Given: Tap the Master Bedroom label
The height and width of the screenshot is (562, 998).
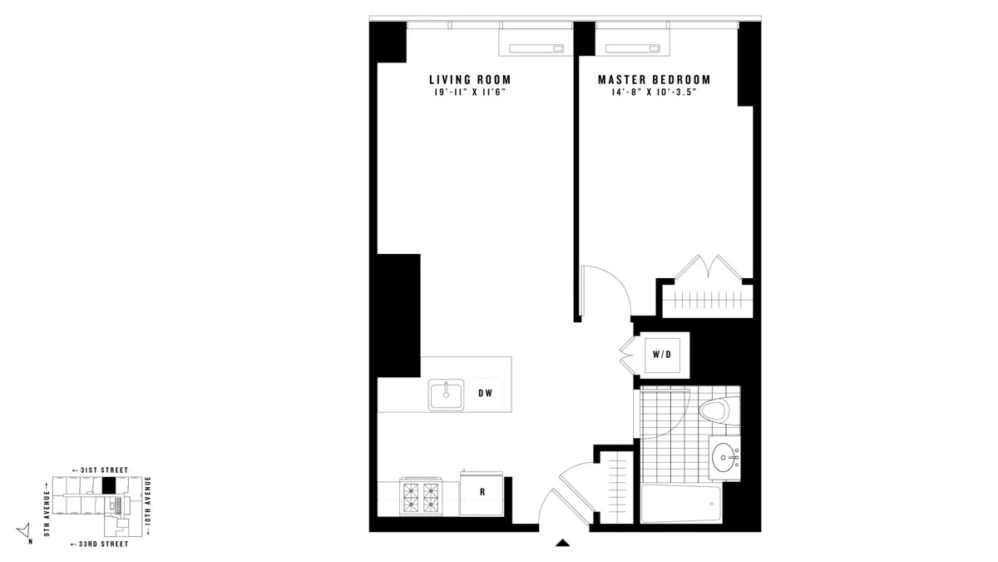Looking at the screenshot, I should coord(654,80).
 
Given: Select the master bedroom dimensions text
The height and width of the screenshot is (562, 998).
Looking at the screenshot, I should coord(654,92).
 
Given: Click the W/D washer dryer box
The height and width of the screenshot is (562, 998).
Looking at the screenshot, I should coord(662,356).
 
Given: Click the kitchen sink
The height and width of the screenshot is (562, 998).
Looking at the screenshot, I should coord(447,394).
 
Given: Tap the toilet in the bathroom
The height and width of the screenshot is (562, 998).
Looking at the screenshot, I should coord(714,410).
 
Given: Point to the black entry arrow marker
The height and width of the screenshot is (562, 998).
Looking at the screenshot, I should coord(563,544).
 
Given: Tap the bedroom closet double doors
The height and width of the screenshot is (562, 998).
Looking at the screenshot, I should coord(707,268).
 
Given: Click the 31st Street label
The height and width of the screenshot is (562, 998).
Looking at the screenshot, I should coord(100,470).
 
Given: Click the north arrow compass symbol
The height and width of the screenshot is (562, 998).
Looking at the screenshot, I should coord(25,530).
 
